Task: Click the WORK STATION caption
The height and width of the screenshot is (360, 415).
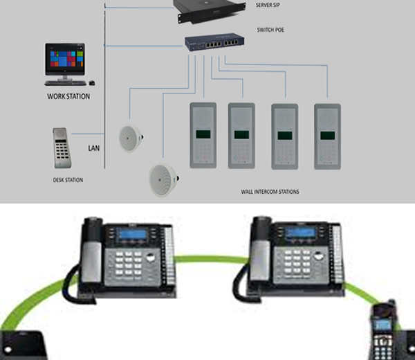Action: [68, 96]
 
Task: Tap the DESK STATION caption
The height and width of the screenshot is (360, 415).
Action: [68, 180]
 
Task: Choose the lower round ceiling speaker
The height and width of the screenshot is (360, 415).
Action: [164, 179]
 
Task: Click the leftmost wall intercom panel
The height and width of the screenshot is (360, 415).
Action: [203, 135]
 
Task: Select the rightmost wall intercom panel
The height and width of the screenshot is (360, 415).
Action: [327, 135]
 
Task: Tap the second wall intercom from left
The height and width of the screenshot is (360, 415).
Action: [241, 135]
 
